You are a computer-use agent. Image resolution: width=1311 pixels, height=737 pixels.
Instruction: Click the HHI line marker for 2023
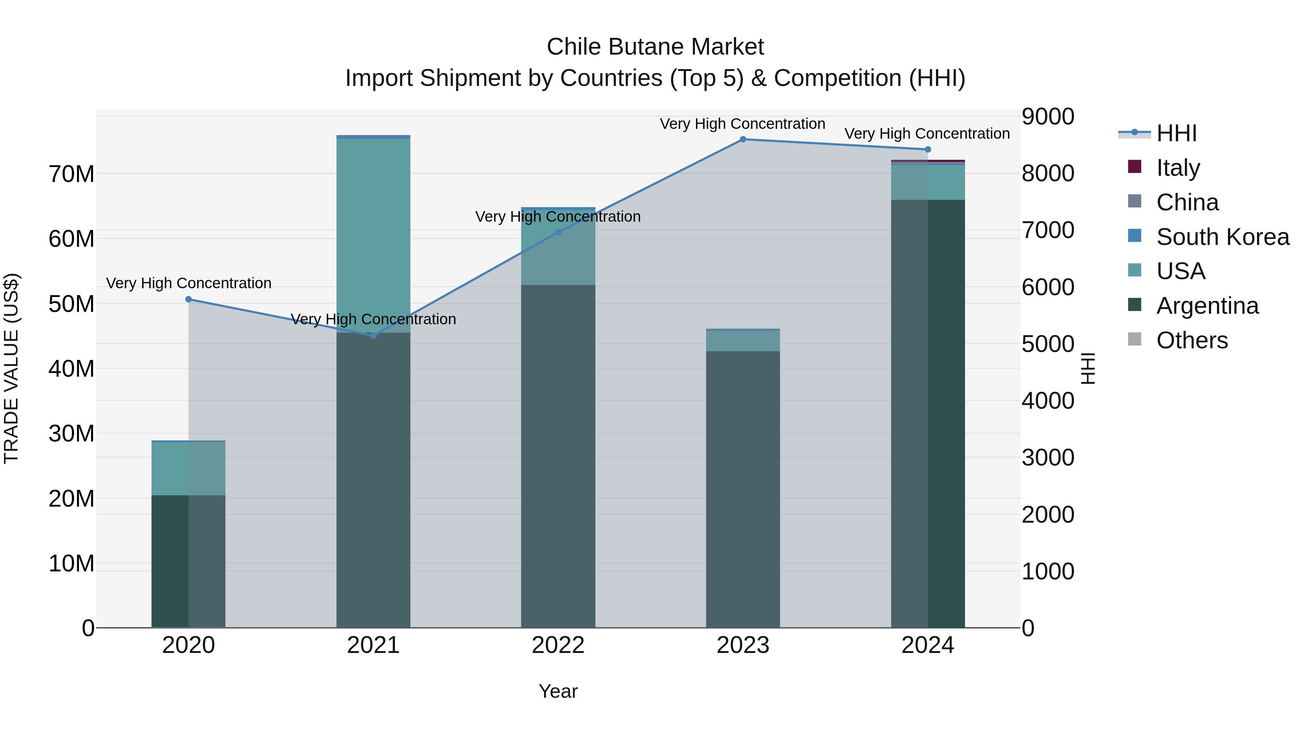click(743, 139)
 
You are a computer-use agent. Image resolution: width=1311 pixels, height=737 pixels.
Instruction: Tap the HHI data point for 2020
click(188, 299)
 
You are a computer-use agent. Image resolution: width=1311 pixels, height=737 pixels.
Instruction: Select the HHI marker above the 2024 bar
click(927, 150)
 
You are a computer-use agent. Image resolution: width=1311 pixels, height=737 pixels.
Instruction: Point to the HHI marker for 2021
click(373, 336)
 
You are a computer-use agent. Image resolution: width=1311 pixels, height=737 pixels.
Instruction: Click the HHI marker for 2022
click(558, 233)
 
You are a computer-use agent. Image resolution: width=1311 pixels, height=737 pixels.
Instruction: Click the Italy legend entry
click(1178, 168)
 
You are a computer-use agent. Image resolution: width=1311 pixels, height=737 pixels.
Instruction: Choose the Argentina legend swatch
click(1135, 305)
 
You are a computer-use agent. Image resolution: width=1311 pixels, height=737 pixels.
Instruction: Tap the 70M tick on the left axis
click(71, 174)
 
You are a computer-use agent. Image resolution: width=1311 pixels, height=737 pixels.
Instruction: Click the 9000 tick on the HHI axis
click(1048, 116)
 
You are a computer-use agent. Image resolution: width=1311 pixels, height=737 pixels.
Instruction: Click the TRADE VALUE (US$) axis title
click(11, 368)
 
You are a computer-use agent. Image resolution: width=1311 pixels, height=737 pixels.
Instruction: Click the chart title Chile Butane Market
click(655, 47)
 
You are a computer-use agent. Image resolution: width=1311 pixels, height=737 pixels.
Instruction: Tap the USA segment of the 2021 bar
click(373, 234)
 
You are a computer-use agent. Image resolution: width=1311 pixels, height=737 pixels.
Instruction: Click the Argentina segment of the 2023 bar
click(743, 488)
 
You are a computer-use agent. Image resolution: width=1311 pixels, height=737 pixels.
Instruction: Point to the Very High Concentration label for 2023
click(743, 124)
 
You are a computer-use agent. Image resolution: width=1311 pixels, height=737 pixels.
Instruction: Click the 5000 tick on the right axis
click(1048, 344)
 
